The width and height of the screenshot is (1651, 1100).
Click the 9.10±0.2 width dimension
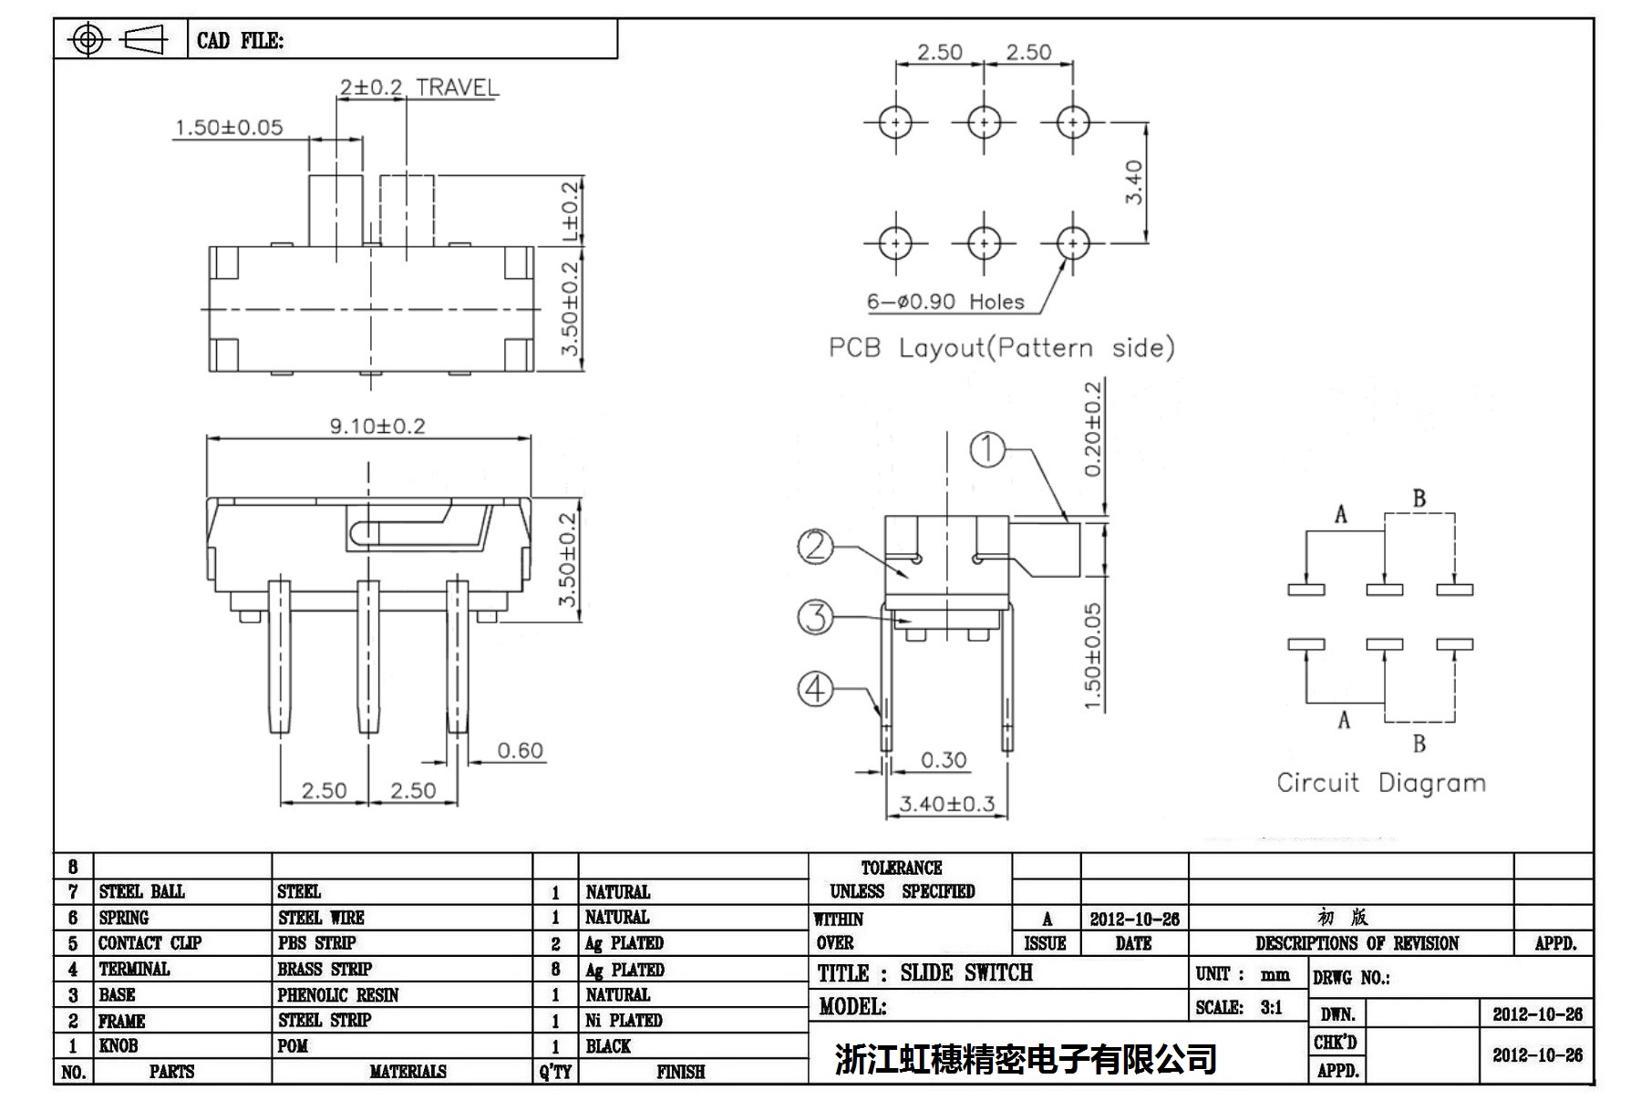pos(377,427)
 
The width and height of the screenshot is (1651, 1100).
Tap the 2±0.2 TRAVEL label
pos(419,87)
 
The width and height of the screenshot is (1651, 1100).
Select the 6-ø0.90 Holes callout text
pos(945,302)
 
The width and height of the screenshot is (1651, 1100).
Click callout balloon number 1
pos(986,449)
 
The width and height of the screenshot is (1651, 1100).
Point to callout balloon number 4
pos(815,688)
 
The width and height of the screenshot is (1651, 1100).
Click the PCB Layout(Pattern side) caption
pos(1001,348)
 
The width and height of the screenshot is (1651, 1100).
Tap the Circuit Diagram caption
pos(1380,783)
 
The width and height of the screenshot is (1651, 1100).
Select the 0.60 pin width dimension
pos(520,751)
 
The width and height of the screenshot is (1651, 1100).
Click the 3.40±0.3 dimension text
pos(946,804)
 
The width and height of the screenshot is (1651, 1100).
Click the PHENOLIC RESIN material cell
pos(338,995)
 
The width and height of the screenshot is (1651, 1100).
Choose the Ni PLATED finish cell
pos(624,1021)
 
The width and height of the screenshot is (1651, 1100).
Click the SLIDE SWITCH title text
pos(966,973)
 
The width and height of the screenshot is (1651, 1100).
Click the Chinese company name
pos(1026,1058)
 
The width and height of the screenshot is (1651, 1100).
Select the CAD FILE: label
pos(240,41)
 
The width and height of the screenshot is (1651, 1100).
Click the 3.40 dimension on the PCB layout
pos(1133,182)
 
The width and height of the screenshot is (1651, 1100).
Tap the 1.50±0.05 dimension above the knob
pos(229,128)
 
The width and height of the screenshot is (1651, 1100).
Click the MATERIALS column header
pos(408,1072)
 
